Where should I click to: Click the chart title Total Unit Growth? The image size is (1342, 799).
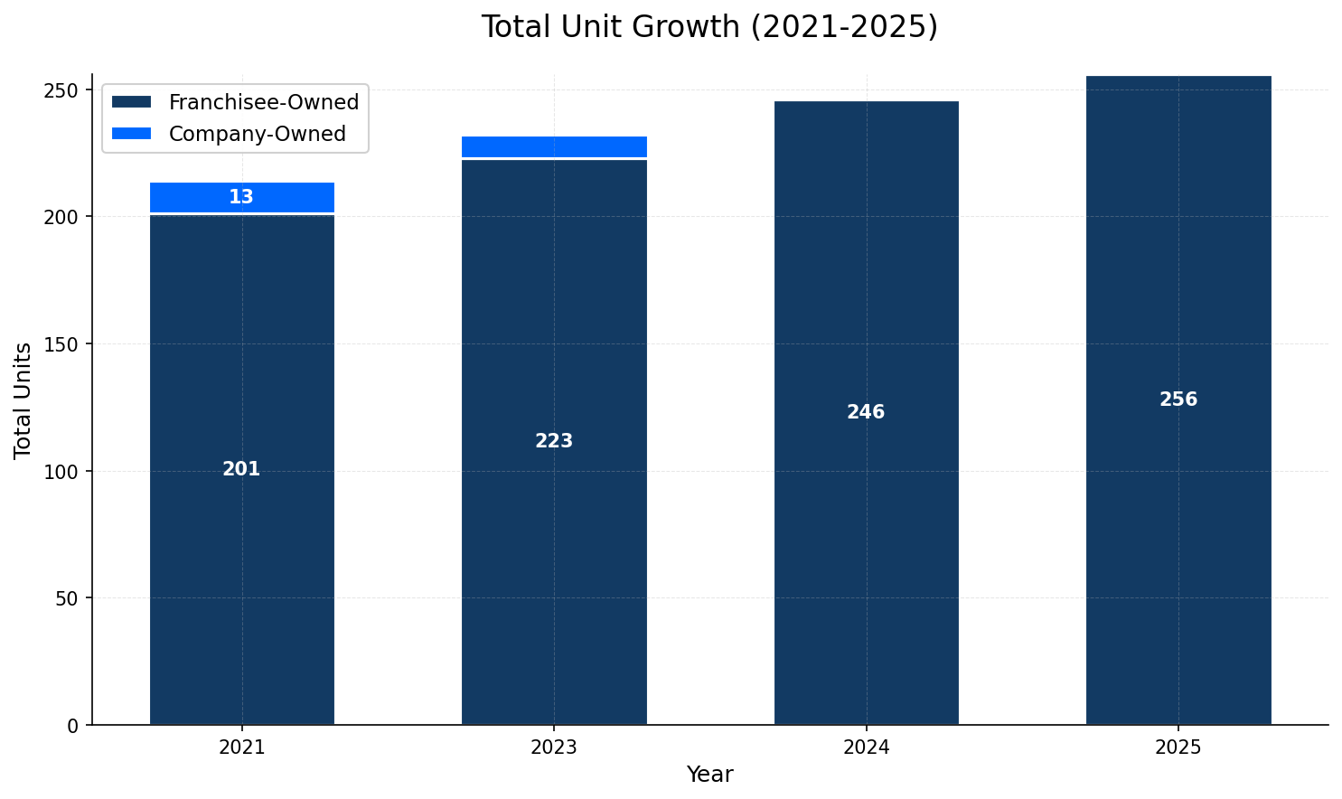click(x=709, y=27)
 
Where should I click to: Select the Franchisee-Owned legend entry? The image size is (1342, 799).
click(x=263, y=102)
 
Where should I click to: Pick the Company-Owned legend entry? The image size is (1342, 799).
click(x=257, y=134)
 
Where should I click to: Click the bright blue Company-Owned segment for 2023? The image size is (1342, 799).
click(x=554, y=146)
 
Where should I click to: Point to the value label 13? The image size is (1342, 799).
click(x=241, y=197)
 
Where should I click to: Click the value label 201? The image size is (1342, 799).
click(x=241, y=469)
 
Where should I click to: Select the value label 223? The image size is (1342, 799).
click(x=554, y=441)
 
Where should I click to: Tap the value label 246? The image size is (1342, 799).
click(x=866, y=412)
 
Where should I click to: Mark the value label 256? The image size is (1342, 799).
click(x=1178, y=399)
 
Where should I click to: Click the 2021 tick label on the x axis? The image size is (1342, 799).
click(x=241, y=748)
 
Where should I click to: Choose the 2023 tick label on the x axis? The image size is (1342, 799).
click(x=554, y=748)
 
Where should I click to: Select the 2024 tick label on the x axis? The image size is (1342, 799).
click(x=866, y=748)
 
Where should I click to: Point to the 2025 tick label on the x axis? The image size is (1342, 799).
click(x=1178, y=748)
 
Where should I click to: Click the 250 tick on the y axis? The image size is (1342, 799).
click(x=64, y=90)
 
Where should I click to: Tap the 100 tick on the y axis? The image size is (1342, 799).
click(x=64, y=472)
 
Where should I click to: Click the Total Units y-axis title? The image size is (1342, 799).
click(x=23, y=399)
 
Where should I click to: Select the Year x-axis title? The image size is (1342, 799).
click(x=709, y=775)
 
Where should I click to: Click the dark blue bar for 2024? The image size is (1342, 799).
click(x=866, y=542)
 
